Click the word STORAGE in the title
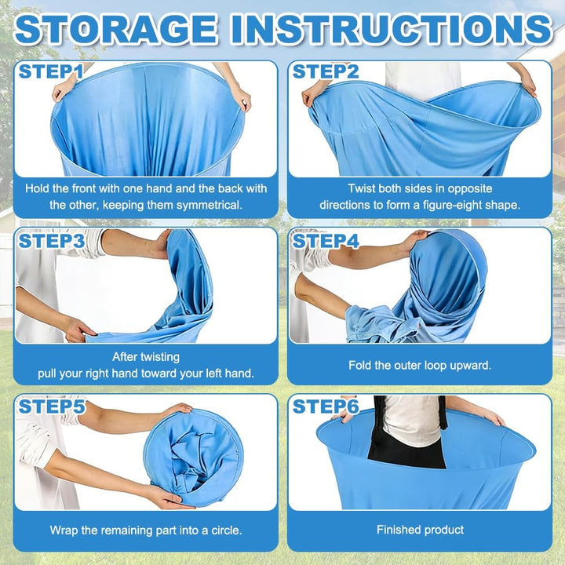pyautogui.click(x=115, y=29)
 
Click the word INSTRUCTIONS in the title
pyautogui.click(x=392, y=29)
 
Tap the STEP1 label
pyautogui.click(x=50, y=71)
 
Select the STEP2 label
pyautogui.click(x=326, y=71)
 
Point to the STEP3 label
pyautogui.click(x=52, y=241)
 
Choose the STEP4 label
pyautogui.click(x=326, y=241)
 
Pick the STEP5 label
pyautogui.click(x=52, y=406)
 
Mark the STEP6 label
pyautogui.click(x=326, y=406)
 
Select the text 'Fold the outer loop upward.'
pyautogui.click(x=420, y=366)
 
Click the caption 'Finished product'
pyautogui.click(x=420, y=530)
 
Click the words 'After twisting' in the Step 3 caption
pyautogui.click(x=146, y=357)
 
